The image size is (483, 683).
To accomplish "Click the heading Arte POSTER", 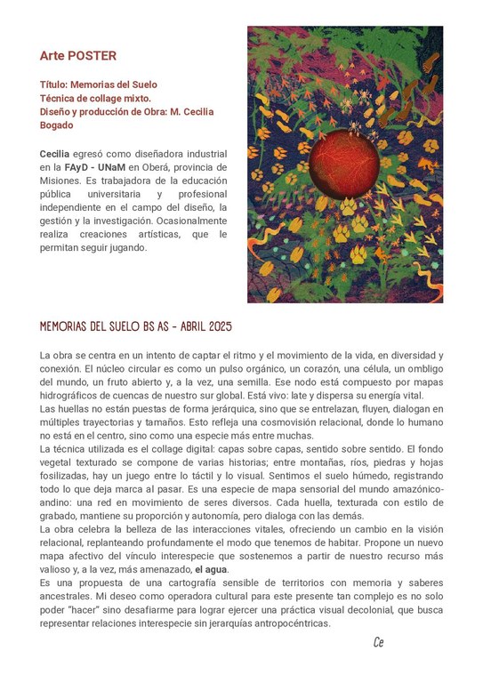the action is (77, 56).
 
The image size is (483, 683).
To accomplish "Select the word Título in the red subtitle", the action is (55, 84).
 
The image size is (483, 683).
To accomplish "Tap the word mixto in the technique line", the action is (135, 98).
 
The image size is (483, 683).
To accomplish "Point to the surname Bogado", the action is (56, 125).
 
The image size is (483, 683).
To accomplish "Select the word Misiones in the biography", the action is (60, 180).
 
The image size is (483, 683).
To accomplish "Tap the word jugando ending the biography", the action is (126, 247).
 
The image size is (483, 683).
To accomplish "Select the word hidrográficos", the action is (75, 395).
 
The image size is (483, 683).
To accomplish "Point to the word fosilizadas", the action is (65, 477).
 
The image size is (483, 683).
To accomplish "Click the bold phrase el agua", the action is (212, 569).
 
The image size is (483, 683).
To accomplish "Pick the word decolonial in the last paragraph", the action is (380, 610).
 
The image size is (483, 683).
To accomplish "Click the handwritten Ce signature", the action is (378, 642).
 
